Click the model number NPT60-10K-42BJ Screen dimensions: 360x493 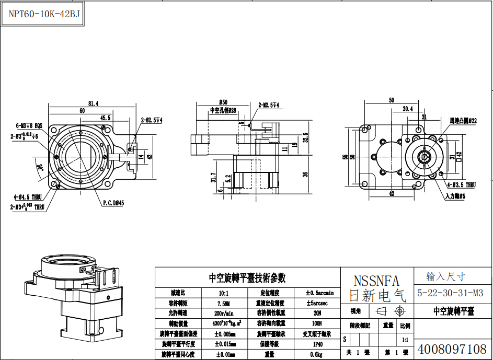click(44, 14)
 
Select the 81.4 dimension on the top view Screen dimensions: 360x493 click(94, 103)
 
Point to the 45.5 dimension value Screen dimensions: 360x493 click(105, 118)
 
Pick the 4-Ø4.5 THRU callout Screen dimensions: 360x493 click(28, 197)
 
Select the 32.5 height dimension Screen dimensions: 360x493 click(305, 137)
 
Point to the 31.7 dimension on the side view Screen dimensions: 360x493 click(213, 179)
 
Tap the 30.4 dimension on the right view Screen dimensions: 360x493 click(408, 109)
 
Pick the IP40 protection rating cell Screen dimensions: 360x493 click(317, 344)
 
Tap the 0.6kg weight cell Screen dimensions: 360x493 click(317, 354)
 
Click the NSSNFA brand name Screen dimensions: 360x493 click(376, 281)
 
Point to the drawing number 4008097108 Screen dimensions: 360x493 click(452, 349)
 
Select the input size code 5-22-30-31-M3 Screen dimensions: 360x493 click(450, 293)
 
